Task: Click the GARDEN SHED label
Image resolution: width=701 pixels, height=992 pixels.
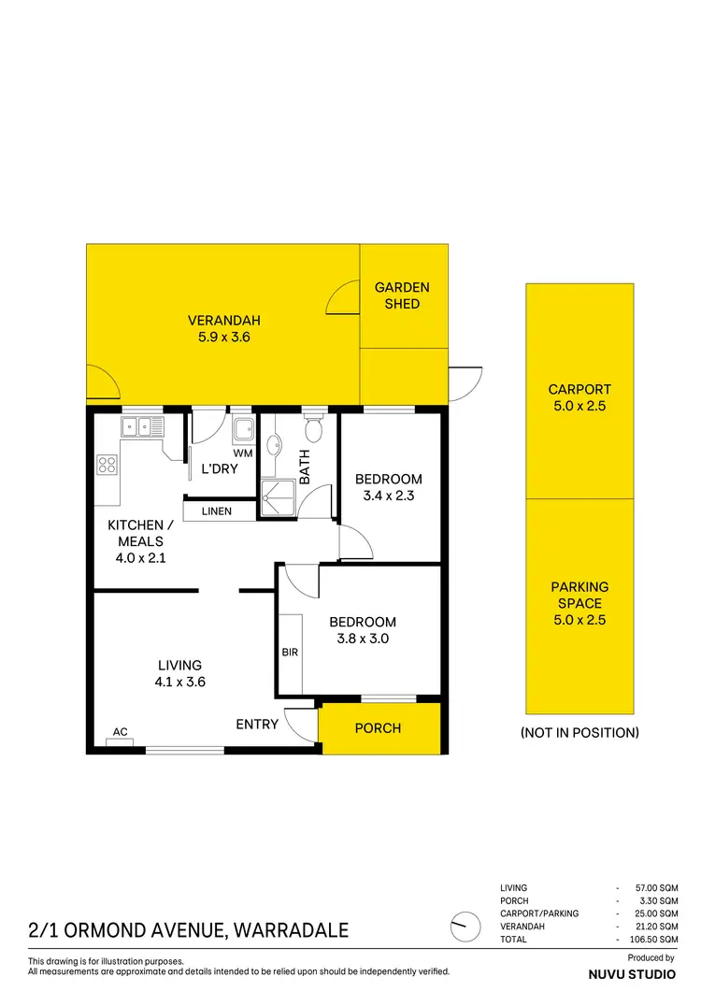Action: (402, 295)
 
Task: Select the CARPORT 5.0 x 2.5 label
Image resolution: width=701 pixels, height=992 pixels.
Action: (579, 397)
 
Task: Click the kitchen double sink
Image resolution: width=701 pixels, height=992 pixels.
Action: (142, 427)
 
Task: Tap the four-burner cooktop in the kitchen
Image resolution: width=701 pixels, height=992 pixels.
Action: (107, 465)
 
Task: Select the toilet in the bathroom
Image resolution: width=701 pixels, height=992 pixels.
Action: (314, 429)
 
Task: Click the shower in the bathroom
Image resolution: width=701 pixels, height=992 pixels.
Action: (279, 496)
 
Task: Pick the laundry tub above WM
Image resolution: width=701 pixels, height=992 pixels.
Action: (243, 430)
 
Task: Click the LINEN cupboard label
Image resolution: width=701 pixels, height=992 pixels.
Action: (217, 511)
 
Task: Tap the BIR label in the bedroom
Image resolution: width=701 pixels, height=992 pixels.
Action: (290, 652)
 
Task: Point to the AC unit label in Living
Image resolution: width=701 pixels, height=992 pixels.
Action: (120, 731)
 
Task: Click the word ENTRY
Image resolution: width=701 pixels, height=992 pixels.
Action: (257, 724)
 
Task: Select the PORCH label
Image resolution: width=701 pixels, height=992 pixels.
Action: (379, 728)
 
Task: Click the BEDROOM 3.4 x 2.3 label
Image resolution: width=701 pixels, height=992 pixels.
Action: (389, 487)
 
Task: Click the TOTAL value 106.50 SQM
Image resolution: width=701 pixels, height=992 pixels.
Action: (655, 938)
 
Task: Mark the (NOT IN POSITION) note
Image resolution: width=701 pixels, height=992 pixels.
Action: (579, 733)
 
